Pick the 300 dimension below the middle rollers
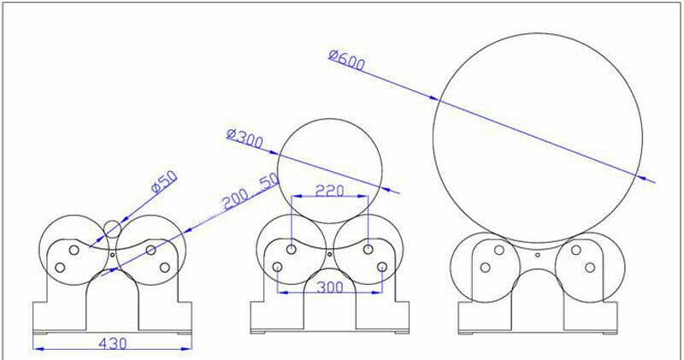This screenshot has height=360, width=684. (x=329, y=287)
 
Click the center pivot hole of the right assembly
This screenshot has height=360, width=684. (x=537, y=254)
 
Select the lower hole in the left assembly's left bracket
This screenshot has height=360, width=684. (x=60, y=268)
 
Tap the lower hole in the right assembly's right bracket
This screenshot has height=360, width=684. (x=589, y=268)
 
